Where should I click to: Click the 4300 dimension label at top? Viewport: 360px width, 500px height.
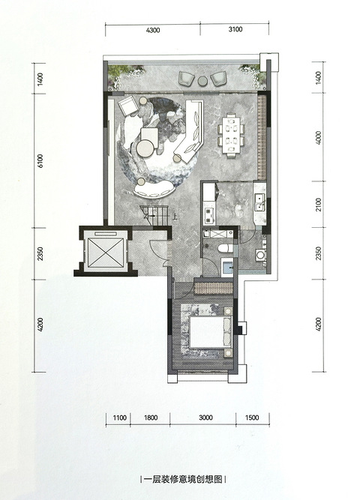click(153, 30)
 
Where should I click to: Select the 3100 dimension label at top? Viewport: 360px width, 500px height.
click(235, 29)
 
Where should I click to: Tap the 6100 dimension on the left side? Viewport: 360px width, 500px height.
click(40, 161)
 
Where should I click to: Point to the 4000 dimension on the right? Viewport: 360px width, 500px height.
click(318, 138)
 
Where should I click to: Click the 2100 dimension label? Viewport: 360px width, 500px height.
click(318, 205)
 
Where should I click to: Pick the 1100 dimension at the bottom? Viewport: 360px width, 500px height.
click(120, 418)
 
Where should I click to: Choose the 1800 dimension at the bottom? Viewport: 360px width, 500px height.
click(150, 418)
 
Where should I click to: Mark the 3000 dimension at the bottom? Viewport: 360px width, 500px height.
click(205, 418)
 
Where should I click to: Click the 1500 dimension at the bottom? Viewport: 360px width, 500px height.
click(252, 418)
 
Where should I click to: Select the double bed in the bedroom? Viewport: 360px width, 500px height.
click(210, 332)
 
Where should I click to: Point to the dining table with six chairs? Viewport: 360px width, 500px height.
click(232, 135)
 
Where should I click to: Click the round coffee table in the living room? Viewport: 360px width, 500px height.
click(145, 148)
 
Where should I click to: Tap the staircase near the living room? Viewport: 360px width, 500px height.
click(154, 216)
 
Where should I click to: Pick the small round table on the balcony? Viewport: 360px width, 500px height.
click(202, 81)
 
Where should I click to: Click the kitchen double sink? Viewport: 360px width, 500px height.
click(259, 202)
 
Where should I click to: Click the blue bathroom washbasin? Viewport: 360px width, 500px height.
click(228, 267)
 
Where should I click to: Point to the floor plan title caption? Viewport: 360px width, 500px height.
click(183, 479)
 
